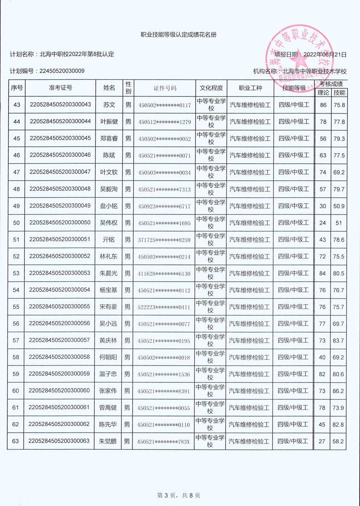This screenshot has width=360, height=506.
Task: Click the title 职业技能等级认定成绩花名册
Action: click(x=179, y=35)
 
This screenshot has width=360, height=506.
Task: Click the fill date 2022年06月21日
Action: click(x=325, y=55)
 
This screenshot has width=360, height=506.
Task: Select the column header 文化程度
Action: click(x=212, y=88)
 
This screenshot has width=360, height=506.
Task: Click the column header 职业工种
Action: click(x=250, y=88)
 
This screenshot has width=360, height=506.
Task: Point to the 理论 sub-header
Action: click(x=323, y=93)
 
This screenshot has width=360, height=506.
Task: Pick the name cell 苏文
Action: click(x=109, y=105)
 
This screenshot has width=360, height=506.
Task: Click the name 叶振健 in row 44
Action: click(x=109, y=122)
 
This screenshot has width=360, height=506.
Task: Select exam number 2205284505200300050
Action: click(x=60, y=223)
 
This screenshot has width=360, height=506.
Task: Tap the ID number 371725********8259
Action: click(x=164, y=240)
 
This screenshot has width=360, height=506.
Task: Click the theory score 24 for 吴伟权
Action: click(x=323, y=223)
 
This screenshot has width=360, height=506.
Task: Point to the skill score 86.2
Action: click(x=338, y=391)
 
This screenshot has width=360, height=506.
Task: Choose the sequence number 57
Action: click(x=16, y=341)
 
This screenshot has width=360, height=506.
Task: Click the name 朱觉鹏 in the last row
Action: click(x=108, y=441)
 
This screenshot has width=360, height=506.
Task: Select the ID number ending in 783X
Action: click(x=163, y=442)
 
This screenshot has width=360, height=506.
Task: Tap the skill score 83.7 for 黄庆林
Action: click(x=338, y=341)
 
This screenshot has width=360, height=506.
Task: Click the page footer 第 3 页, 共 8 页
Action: click(x=179, y=495)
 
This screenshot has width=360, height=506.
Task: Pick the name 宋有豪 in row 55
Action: click(x=108, y=307)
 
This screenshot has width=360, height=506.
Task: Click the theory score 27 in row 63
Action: click(x=322, y=441)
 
